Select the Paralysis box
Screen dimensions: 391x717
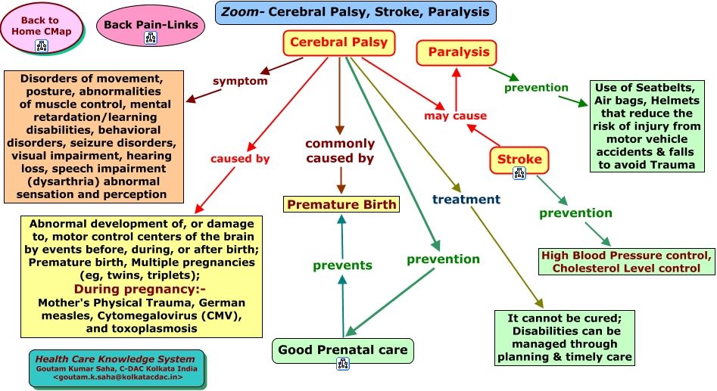(x=457, y=52)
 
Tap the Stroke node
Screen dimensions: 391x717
(x=519, y=159)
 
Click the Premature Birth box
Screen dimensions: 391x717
(x=341, y=204)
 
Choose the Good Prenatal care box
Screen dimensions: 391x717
(x=343, y=349)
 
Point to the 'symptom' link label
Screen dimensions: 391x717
(x=240, y=81)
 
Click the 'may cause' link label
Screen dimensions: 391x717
(x=455, y=116)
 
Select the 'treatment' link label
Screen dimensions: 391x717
(x=466, y=200)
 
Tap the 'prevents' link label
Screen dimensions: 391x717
(x=342, y=265)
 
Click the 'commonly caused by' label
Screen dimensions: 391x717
(x=340, y=151)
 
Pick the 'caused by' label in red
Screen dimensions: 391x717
(x=240, y=159)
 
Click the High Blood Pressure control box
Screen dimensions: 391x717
(x=625, y=261)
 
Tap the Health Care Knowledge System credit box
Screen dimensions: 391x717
(x=117, y=367)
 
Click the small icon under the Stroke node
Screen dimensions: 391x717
(x=519, y=173)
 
